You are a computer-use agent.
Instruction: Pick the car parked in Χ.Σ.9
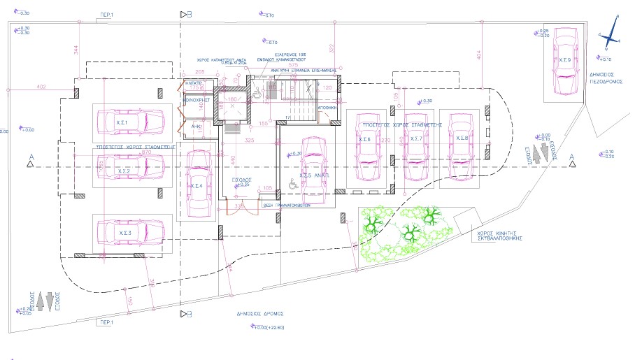point(564,62)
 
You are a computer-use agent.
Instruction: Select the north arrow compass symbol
point(611,33)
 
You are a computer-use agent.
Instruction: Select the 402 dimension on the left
point(41,87)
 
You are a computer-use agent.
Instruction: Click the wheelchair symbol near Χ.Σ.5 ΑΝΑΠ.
point(292,184)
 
